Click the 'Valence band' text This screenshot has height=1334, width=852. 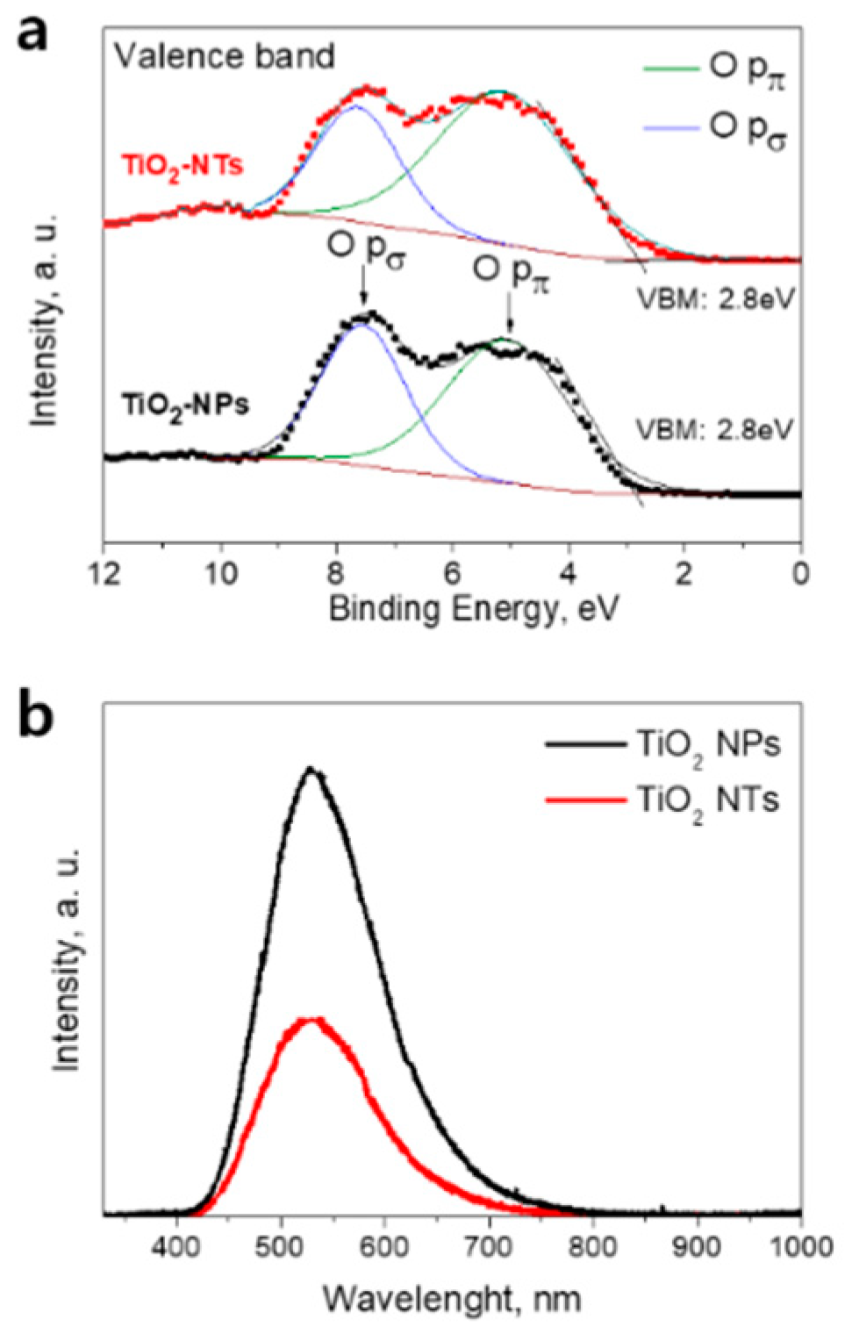[x=225, y=56]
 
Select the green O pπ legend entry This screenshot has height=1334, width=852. [x=714, y=70]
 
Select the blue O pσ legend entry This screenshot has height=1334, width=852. [x=714, y=128]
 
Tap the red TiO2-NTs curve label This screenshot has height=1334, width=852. [x=182, y=166]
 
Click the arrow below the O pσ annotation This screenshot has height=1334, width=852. [x=363, y=289]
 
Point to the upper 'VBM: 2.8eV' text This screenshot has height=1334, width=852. [x=715, y=299]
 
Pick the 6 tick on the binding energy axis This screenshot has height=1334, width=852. [x=452, y=575]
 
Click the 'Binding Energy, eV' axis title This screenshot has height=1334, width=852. [x=473, y=609]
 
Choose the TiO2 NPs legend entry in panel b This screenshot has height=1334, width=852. [x=662, y=745]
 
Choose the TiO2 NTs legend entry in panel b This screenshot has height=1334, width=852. [x=662, y=800]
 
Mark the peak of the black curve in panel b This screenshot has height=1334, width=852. [x=310, y=770]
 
